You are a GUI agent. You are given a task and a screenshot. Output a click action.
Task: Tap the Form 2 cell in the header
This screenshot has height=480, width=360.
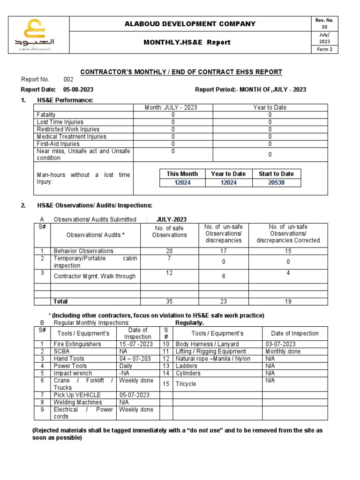click(x=324, y=50)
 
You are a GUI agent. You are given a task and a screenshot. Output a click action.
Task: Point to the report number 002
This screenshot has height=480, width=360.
click(x=69, y=80)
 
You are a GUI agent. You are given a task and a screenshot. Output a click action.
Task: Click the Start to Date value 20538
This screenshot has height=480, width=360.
click(x=276, y=183)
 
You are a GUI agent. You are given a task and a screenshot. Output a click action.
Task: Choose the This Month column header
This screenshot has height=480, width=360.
click(x=182, y=174)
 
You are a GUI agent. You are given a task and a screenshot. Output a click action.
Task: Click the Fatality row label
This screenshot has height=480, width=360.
click(x=46, y=114)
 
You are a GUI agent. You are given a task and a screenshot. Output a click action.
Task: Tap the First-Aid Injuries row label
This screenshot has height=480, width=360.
click(x=58, y=144)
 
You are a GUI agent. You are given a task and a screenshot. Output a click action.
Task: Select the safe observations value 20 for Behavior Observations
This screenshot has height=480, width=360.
click(x=170, y=251)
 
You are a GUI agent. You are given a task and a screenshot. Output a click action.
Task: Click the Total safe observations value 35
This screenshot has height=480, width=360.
click(x=170, y=301)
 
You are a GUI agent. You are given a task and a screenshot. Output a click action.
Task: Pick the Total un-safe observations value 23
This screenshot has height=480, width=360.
click(x=223, y=301)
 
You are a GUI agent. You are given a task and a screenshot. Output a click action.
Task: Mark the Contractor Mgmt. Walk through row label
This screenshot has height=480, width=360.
click(x=94, y=276)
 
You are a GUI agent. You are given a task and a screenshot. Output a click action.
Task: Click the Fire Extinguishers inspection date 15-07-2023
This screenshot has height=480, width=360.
click(x=135, y=344)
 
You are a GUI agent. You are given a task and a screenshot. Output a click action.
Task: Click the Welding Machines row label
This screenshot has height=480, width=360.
click(x=77, y=402)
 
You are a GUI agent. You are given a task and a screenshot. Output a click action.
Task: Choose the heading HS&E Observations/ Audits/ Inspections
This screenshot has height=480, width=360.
click(x=95, y=205)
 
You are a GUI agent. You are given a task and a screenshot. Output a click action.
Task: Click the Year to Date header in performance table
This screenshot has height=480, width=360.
click(x=270, y=107)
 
